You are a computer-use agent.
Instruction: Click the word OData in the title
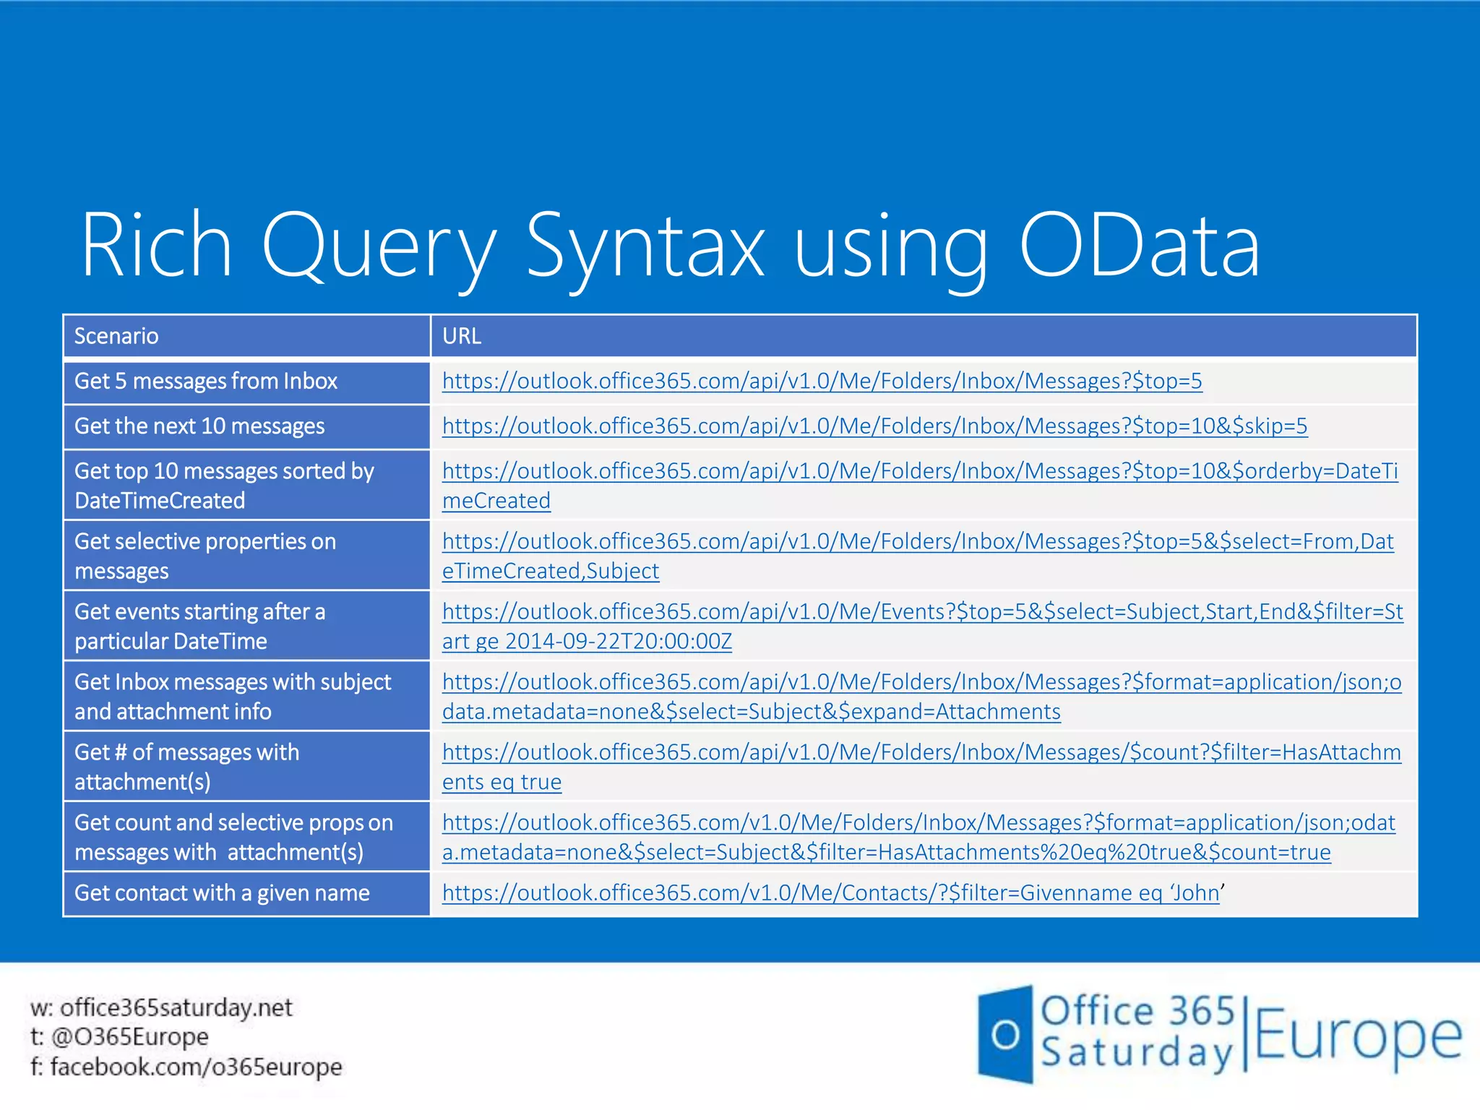pyautogui.click(x=1140, y=246)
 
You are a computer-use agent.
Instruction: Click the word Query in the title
pyautogui.click(x=379, y=246)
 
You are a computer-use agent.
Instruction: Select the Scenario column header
pyautogui.click(x=116, y=336)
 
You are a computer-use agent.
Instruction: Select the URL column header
pyautogui.click(x=462, y=336)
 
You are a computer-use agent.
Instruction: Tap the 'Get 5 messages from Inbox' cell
pyautogui.click(x=206, y=381)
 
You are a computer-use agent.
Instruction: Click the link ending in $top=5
pyautogui.click(x=822, y=381)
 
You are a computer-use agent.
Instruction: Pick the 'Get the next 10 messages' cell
pyautogui.click(x=199, y=426)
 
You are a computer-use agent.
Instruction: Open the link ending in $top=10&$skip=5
pyautogui.click(x=874, y=426)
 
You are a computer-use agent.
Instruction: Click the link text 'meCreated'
pyautogui.click(x=496, y=501)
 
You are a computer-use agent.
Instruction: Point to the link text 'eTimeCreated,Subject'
pyautogui.click(x=551, y=571)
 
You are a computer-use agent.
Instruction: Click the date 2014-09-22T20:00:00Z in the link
pyautogui.click(x=618, y=641)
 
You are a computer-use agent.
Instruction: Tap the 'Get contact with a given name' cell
pyautogui.click(x=222, y=893)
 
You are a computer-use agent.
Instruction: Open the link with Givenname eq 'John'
pyautogui.click(x=831, y=893)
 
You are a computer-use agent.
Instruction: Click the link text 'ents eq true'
pyautogui.click(x=502, y=782)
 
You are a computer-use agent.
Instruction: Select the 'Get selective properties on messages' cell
pyautogui.click(x=205, y=556)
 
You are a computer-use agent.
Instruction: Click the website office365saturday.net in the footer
pyautogui.click(x=176, y=1007)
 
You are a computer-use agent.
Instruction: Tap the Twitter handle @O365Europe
pyautogui.click(x=129, y=1037)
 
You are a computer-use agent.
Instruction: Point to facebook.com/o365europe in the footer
pyautogui.click(x=196, y=1067)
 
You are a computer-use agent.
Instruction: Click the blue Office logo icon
pyautogui.click(x=1004, y=1034)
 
